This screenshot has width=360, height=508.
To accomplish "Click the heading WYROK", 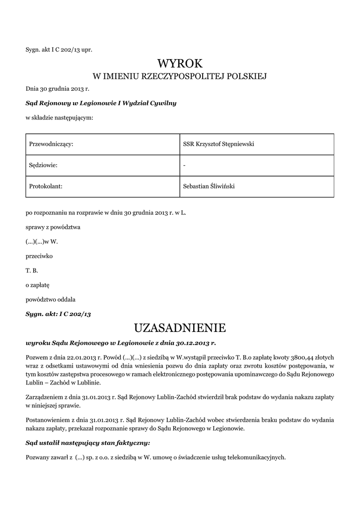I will pyautogui.click(x=180, y=63).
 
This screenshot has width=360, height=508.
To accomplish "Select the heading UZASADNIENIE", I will pyautogui.click(x=180, y=328).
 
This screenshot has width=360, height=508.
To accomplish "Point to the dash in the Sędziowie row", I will pyautogui.click(x=184, y=165).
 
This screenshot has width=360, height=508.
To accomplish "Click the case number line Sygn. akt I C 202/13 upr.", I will pyautogui.click(x=59, y=50).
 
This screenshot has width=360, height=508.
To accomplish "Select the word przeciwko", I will pyautogui.click(x=39, y=256).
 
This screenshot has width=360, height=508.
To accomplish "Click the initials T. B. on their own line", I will pyautogui.click(x=32, y=271).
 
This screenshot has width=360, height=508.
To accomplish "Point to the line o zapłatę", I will pyautogui.click(x=38, y=285).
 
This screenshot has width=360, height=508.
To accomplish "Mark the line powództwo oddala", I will pyautogui.click(x=51, y=300).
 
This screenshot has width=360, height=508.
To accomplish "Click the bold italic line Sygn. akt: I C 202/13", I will pyautogui.click(x=58, y=314).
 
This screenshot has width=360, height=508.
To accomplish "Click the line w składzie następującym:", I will pyautogui.click(x=59, y=118).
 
